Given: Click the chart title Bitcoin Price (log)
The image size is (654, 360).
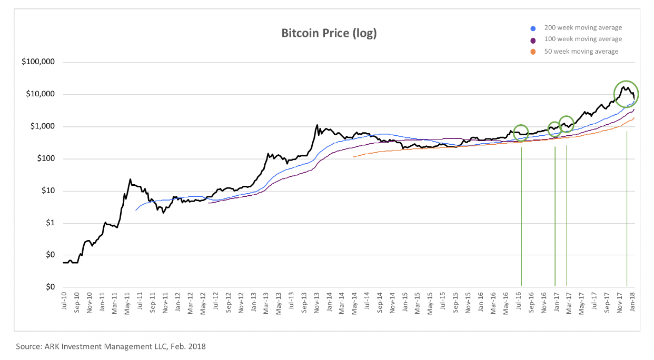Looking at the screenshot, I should (329, 34).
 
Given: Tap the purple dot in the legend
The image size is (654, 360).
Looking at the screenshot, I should (533, 40).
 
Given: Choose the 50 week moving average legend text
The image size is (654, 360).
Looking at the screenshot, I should (578, 51).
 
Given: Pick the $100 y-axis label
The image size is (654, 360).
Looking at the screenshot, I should (45, 159).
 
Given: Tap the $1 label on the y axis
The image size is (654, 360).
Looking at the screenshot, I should (49, 223).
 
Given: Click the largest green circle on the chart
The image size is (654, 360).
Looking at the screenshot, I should (626, 94).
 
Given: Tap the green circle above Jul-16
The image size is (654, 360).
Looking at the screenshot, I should (521, 133).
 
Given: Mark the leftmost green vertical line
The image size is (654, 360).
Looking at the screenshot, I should (521, 216).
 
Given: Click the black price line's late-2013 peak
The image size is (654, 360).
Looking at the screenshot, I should (317, 125).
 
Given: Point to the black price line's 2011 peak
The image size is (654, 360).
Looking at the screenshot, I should (130, 179).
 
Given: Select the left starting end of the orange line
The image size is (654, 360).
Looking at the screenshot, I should (353, 157).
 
